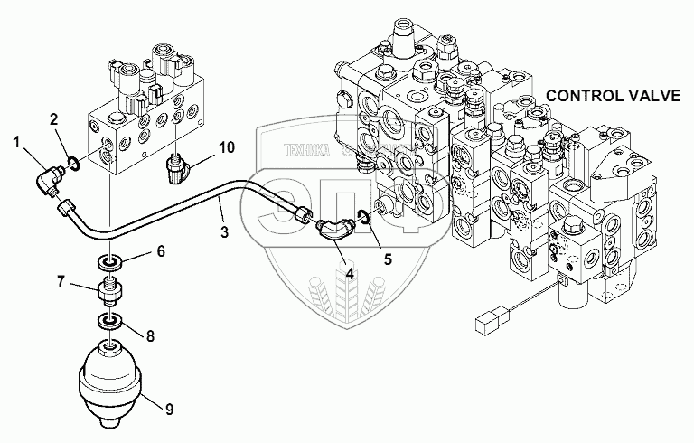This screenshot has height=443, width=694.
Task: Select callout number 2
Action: [54, 118]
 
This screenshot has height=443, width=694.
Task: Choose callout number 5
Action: [389, 259]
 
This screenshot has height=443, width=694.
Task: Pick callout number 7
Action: [61, 282]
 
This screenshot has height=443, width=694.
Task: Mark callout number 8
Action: [150, 335]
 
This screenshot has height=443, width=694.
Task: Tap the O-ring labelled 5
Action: [363, 216]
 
